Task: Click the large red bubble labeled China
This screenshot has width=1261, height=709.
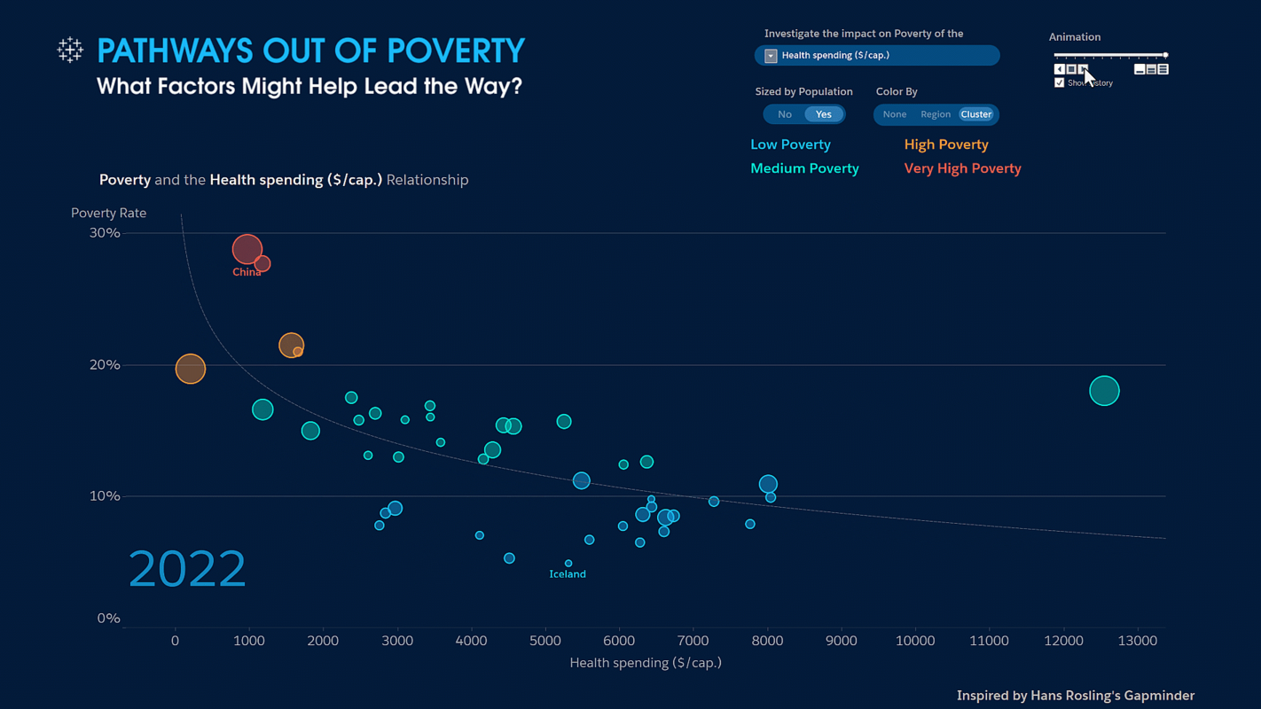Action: [x=247, y=249]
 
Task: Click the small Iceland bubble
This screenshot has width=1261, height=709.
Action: [x=568, y=564]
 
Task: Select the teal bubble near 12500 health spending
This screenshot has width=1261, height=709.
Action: [x=1104, y=391]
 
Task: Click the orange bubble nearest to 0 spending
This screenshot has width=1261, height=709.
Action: [x=191, y=369]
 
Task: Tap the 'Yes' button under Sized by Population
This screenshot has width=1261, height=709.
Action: [x=824, y=114]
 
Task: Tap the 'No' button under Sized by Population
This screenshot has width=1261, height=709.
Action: [x=785, y=114]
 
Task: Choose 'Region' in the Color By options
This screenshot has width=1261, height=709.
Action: [x=936, y=114]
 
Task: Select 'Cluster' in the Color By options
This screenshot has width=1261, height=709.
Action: [x=976, y=114]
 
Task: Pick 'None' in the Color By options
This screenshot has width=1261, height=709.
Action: [x=895, y=114]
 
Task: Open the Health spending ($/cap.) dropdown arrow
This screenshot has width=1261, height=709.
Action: [x=771, y=56]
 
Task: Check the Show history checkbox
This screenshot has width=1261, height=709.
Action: [x=1059, y=82]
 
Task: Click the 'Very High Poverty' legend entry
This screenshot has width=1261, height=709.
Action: [x=962, y=168]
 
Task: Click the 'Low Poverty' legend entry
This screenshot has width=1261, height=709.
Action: [x=790, y=144]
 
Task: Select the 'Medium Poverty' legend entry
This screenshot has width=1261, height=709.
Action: [x=804, y=168]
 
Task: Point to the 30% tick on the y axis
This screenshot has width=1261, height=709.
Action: [x=105, y=233]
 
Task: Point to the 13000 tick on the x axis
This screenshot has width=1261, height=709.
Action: [x=1137, y=641]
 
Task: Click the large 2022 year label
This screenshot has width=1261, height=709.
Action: [x=187, y=569]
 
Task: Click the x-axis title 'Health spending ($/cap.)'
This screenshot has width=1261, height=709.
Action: [x=646, y=663]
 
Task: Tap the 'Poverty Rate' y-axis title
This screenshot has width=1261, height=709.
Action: [x=108, y=213]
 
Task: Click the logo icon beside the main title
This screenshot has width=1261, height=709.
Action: [x=70, y=50]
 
